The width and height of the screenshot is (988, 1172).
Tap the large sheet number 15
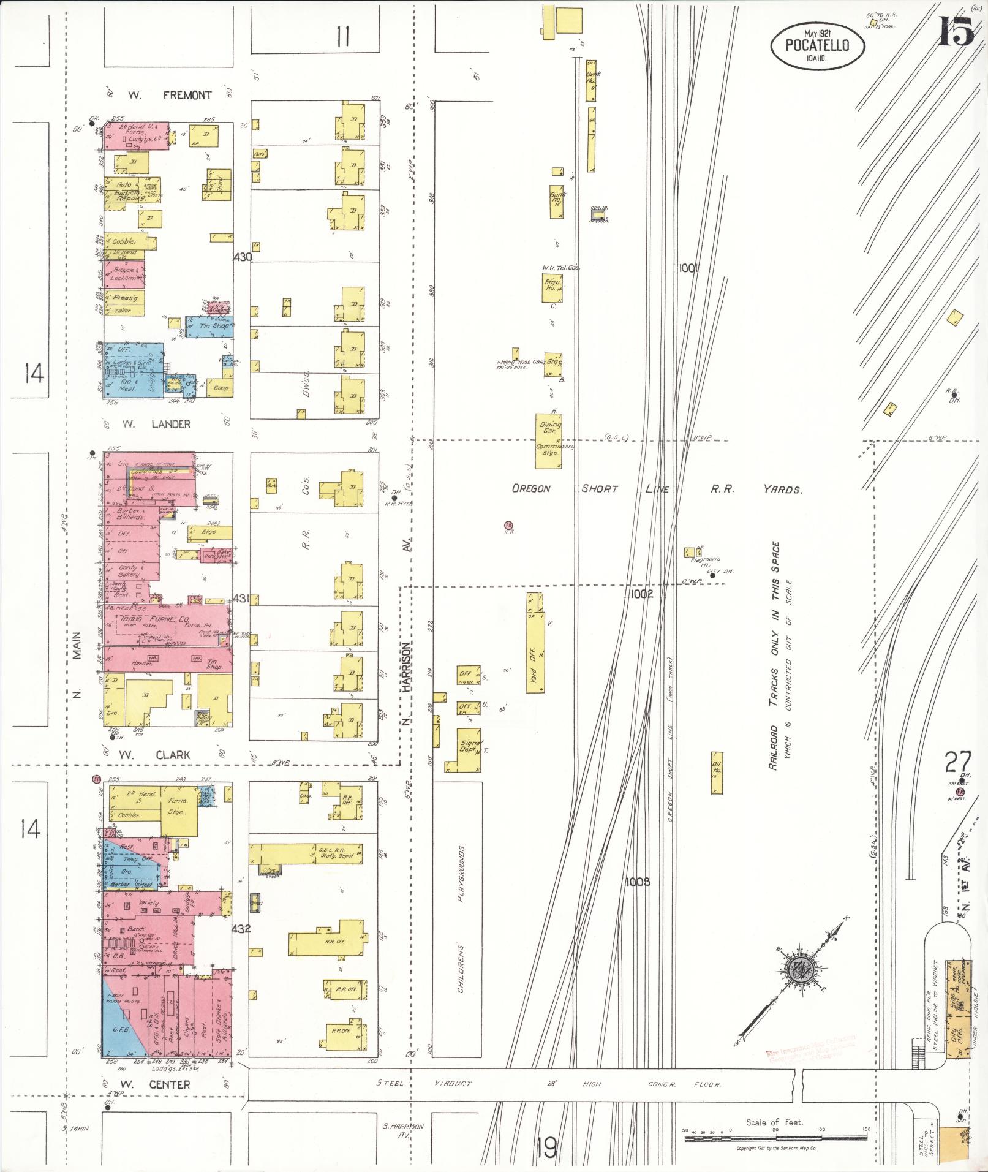coord(956,31)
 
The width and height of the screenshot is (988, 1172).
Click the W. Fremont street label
coord(170,95)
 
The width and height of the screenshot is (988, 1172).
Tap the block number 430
coord(243,257)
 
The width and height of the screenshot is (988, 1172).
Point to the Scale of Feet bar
coord(775,1137)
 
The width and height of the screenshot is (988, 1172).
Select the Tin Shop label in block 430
coord(209,326)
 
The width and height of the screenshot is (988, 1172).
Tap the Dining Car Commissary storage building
coord(548,440)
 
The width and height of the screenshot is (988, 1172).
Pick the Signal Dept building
coord(468,749)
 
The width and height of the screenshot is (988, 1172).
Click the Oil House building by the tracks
coord(716,773)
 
